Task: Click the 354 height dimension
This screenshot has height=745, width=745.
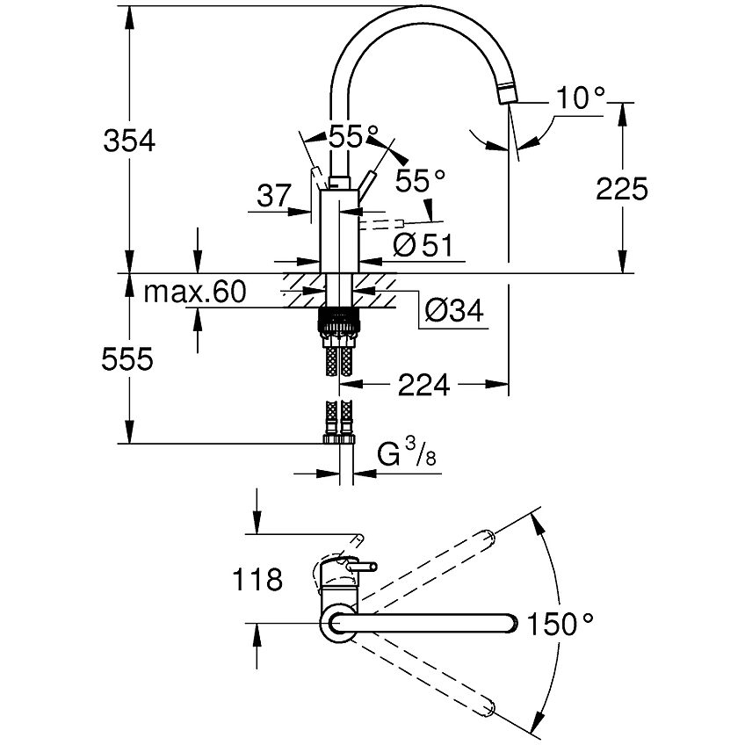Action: (x=128, y=141)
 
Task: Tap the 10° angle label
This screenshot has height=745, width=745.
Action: (x=580, y=99)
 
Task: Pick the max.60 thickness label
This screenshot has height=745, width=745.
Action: (x=194, y=293)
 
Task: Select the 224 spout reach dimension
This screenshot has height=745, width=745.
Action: (x=425, y=384)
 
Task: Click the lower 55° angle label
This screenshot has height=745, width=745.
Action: (x=420, y=181)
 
